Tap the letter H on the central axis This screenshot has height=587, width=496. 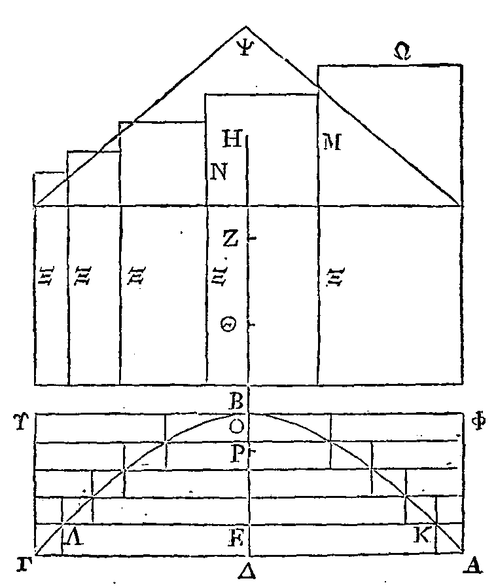pyautogui.click(x=232, y=138)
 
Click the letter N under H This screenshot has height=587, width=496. pyautogui.click(x=219, y=172)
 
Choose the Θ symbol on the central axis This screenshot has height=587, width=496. pyautogui.click(x=229, y=325)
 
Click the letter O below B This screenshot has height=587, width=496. pyautogui.click(x=237, y=426)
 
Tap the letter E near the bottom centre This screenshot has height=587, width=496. pyautogui.click(x=237, y=539)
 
